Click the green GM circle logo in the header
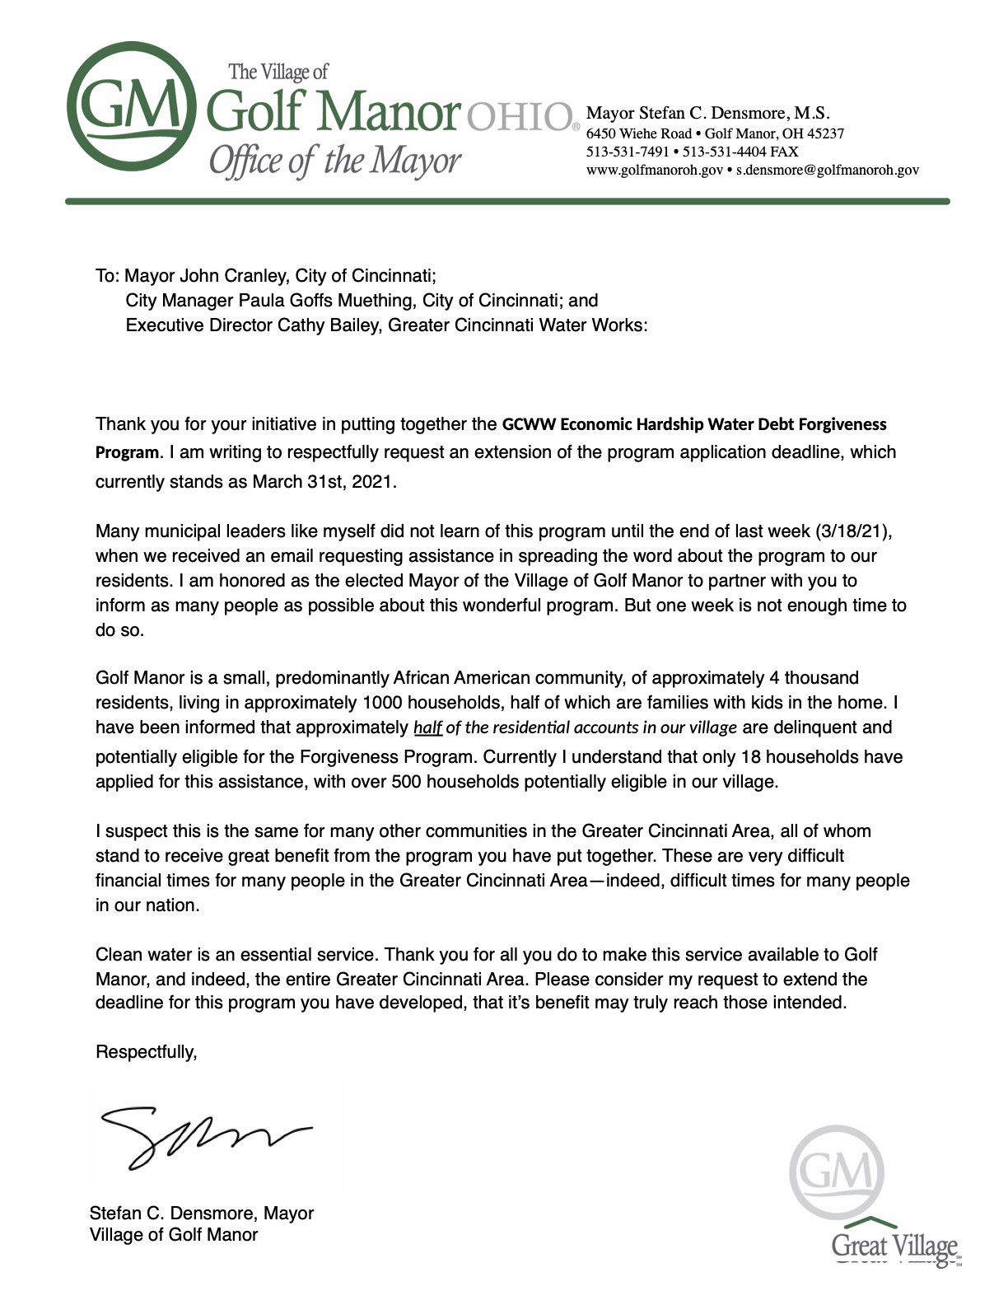[x=132, y=111]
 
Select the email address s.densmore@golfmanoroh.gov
[x=827, y=170]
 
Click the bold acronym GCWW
[x=528, y=424]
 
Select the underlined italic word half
[x=427, y=727]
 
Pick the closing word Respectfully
[x=146, y=1051]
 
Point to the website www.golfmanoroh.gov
[x=654, y=170]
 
